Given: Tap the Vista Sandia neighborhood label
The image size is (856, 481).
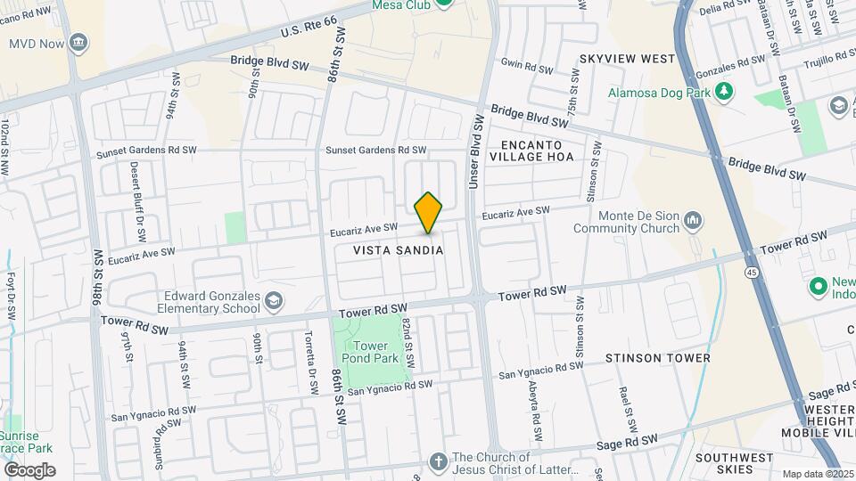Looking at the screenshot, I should pos(399,250).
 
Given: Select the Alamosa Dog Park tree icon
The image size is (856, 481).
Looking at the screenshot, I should pos(725,92).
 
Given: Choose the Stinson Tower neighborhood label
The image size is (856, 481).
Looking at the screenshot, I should pos(658,358).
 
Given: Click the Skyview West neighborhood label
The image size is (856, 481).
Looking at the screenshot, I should pos(627,59).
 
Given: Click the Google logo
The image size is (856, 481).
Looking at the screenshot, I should pos(29,469).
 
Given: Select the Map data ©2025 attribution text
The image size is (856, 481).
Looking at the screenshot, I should pos(811,474).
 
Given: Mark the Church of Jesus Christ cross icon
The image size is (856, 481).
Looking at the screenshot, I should pos(437,461).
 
